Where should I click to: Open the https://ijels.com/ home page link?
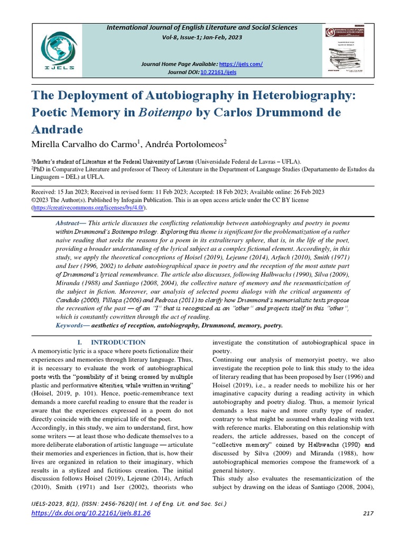click(242, 64)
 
